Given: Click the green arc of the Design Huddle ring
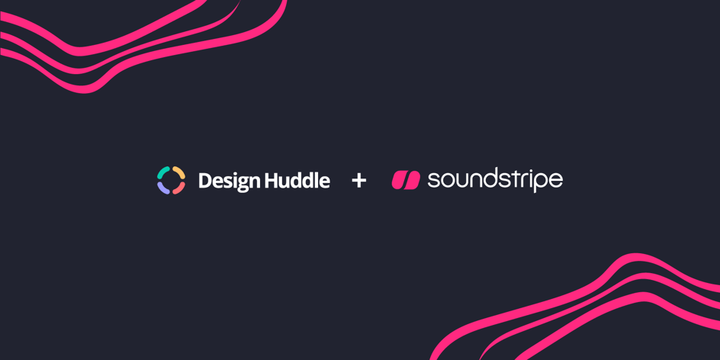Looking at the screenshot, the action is (162, 172).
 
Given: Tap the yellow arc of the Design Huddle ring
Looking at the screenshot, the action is (179, 172).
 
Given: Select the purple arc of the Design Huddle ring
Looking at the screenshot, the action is (162, 188).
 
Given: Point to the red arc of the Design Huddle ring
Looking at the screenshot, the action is (179, 188).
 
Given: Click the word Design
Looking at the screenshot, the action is (229, 182).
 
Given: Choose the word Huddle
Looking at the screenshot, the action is (297, 181).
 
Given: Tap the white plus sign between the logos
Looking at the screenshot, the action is (359, 181).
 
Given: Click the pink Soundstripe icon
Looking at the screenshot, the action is (406, 180).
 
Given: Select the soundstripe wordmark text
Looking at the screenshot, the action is (495, 181).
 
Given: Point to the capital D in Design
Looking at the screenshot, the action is (205, 181).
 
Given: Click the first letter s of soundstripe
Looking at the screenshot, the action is (432, 182).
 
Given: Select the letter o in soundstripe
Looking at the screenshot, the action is (446, 182).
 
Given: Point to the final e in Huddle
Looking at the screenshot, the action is (324, 183).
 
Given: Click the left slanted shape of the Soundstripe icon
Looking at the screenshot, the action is (399, 180).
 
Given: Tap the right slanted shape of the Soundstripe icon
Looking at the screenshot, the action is (413, 180).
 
